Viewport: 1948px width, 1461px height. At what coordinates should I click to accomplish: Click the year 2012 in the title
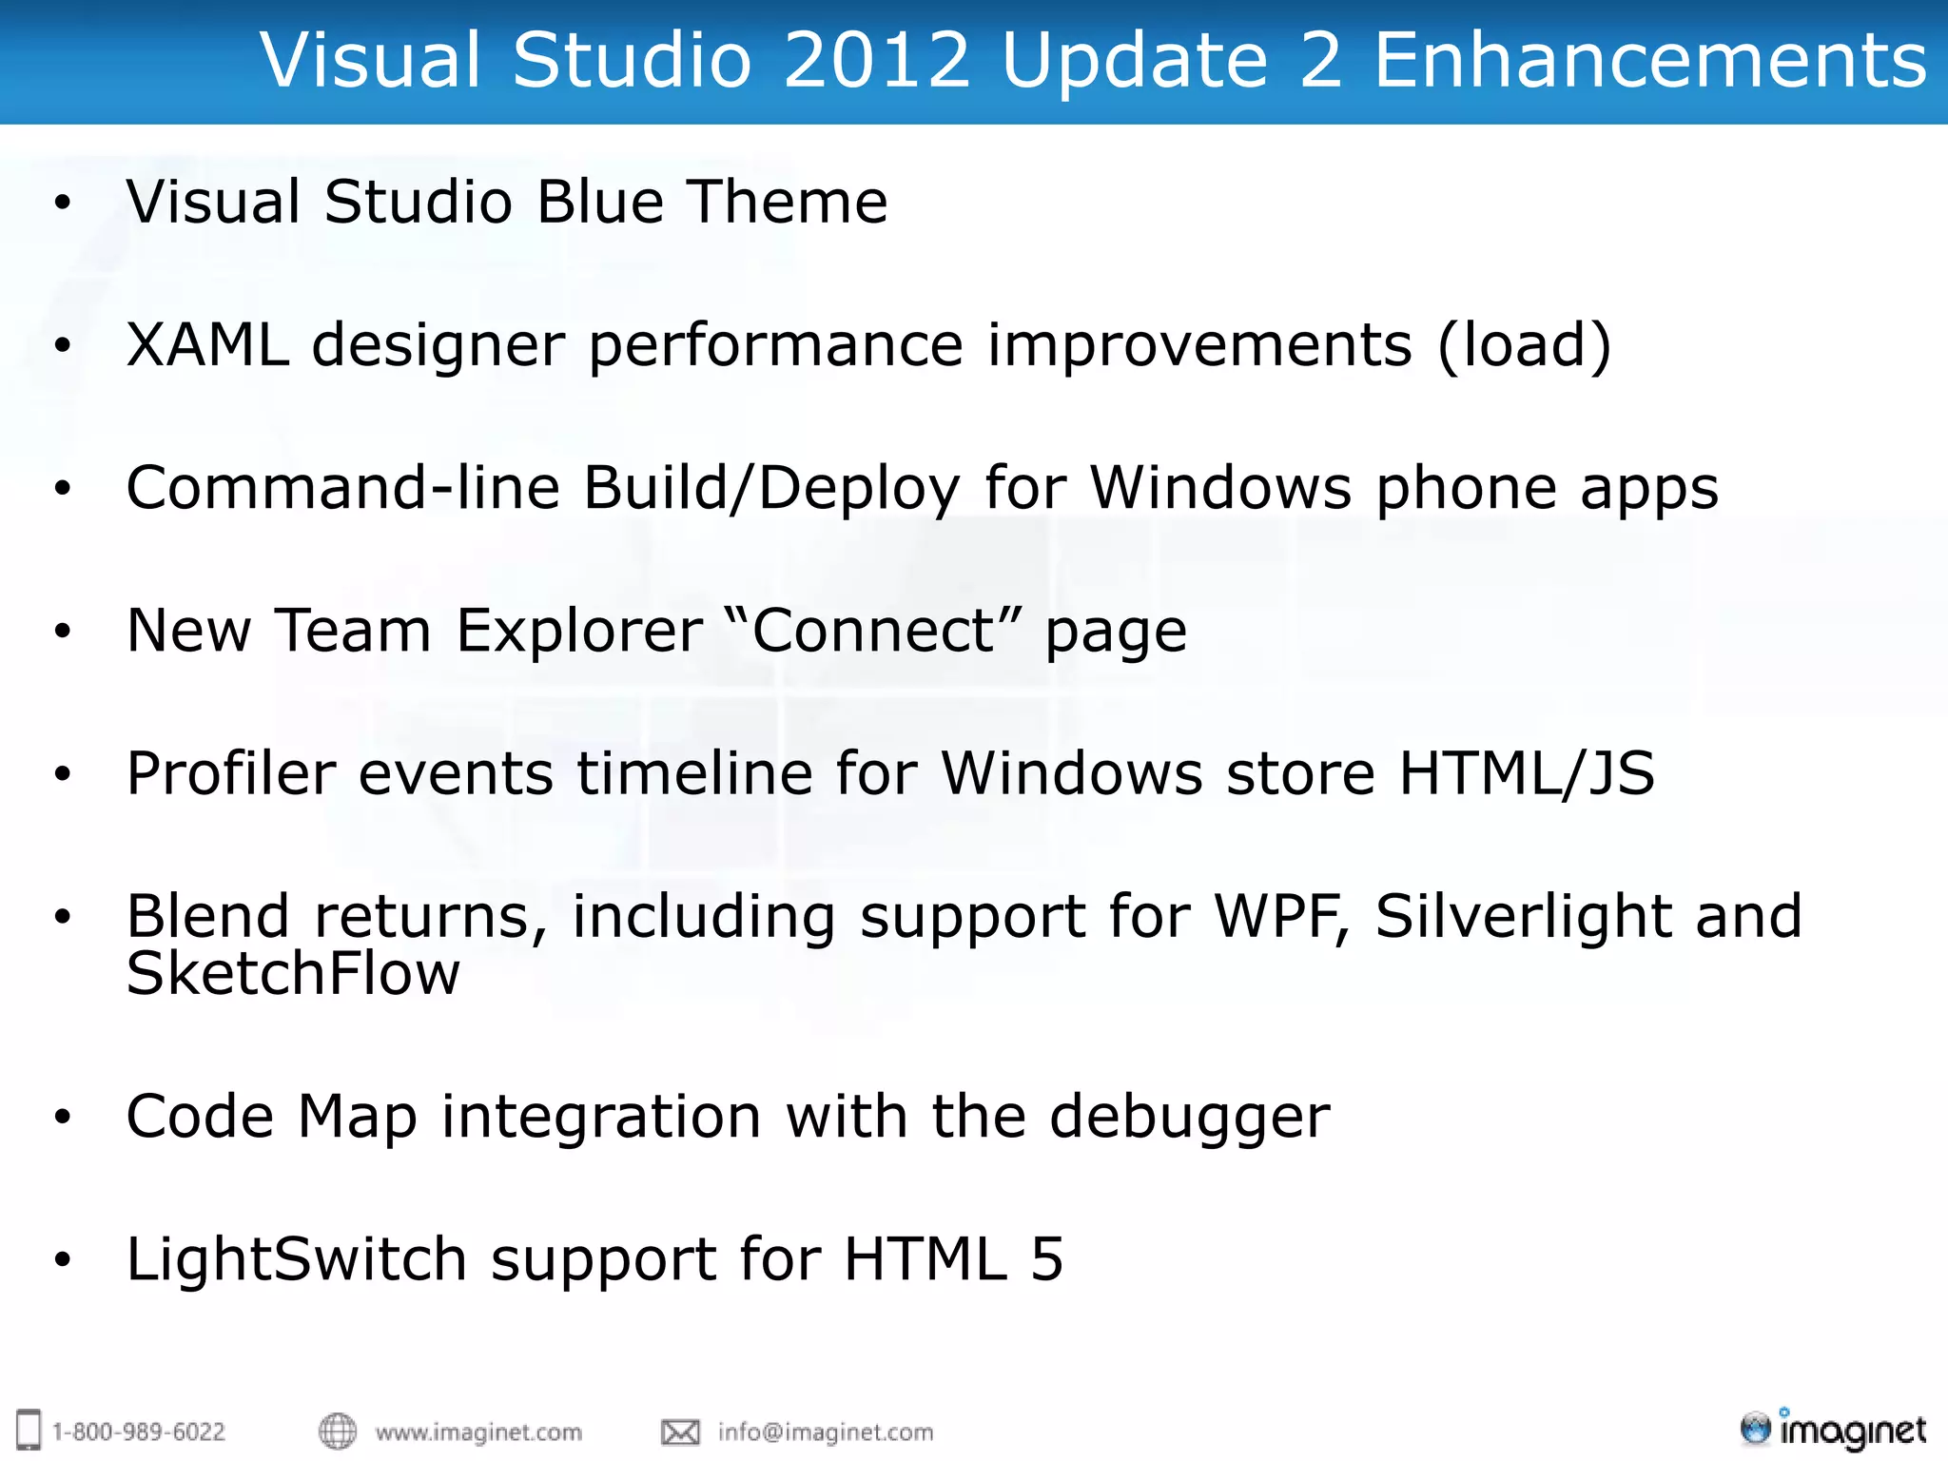875,60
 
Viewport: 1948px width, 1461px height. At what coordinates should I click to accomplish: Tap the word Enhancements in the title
1650,60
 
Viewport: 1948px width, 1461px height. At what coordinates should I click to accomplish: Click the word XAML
207,344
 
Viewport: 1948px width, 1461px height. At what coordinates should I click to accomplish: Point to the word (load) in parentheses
1524,344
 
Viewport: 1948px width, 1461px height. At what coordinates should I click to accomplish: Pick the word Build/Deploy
771,489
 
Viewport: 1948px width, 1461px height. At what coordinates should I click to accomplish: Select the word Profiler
231,773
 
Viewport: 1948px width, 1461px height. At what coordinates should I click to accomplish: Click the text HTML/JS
1527,773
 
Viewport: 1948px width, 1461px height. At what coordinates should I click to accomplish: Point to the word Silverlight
1523,916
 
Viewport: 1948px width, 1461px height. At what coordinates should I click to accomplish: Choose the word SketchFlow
293,974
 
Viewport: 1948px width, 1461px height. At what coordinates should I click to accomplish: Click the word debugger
1189,1117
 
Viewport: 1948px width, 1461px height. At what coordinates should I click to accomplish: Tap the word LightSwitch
296,1259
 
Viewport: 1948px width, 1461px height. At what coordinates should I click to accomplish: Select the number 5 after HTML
1047,1259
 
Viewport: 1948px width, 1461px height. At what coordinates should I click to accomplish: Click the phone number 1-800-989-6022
138,1432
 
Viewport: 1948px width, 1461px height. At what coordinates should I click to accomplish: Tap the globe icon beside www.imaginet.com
337,1431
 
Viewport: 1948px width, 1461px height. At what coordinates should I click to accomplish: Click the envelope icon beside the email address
680,1432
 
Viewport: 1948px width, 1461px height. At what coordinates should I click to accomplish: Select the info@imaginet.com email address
826,1432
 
